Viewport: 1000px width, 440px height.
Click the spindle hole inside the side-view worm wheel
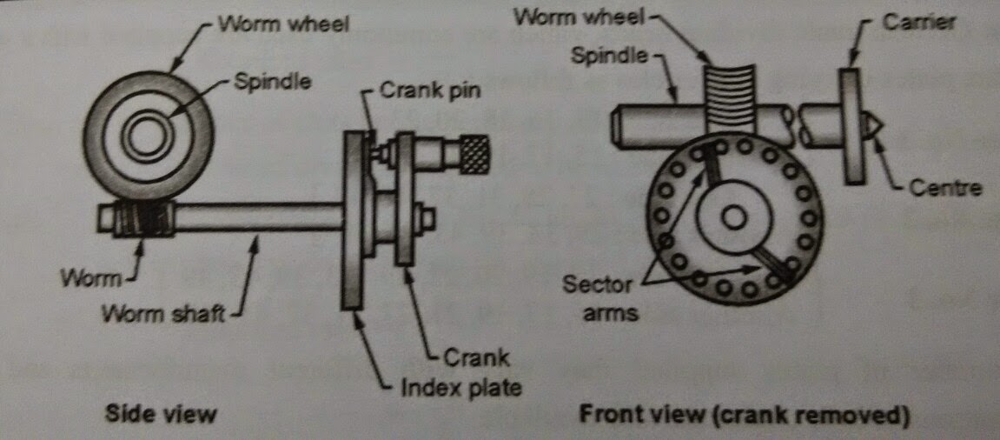point(145,136)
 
